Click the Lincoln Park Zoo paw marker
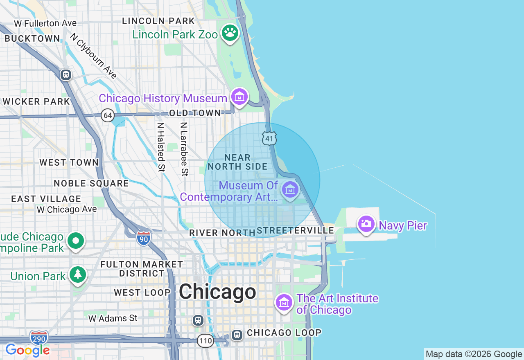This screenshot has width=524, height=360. (230, 33)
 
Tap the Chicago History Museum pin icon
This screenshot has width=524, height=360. (239, 97)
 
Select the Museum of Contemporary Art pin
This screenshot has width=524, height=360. (290, 190)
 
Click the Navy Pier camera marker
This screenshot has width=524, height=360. (366, 224)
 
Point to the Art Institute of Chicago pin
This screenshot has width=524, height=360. (284, 303)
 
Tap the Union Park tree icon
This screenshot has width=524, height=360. (77, 274)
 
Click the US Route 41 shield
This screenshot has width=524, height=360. (269, 138)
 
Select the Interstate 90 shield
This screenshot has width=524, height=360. (143, 238)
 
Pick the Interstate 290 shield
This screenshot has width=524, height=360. (38, 337)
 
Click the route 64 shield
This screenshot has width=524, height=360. (107, 115)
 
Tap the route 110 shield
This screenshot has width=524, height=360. (206, 340)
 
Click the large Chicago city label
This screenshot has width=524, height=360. (217, 292)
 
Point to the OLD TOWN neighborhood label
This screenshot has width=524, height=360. (195, 113)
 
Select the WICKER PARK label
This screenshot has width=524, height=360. (36, 101)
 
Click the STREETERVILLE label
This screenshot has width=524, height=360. (296, 231)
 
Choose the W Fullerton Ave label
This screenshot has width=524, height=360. (45, 23)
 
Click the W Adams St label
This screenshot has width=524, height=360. (113, 318)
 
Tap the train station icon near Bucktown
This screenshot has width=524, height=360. (65, 75)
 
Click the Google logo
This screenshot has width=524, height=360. (27, 350)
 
